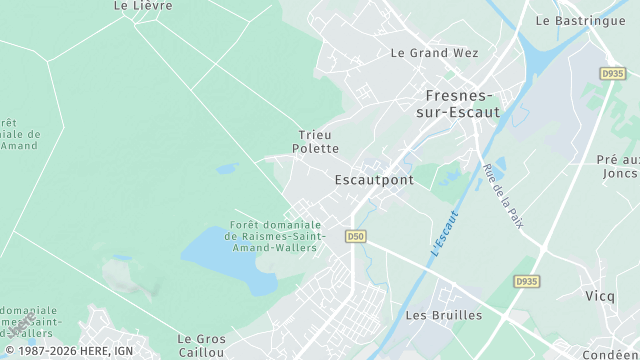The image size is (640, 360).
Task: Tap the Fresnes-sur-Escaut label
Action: click(456, 104)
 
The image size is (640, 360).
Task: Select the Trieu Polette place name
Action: click(314, 141)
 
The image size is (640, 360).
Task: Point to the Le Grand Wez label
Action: click(434, 53)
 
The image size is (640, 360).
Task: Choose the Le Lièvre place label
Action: click(143, 6)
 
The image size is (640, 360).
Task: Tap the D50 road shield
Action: click(355, 236)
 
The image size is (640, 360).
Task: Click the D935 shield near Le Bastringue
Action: click(612, 73)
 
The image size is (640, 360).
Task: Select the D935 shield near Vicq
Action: click(526, 282)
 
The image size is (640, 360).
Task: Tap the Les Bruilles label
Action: click(444, 315)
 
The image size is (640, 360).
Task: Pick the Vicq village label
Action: click(600, 296)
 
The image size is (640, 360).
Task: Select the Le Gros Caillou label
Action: click(201, 346)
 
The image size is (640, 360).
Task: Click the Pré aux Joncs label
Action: click(618, 166)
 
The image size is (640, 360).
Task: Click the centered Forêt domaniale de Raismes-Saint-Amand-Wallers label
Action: click(273, 236)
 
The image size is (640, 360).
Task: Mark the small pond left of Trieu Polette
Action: click(227, 169)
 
